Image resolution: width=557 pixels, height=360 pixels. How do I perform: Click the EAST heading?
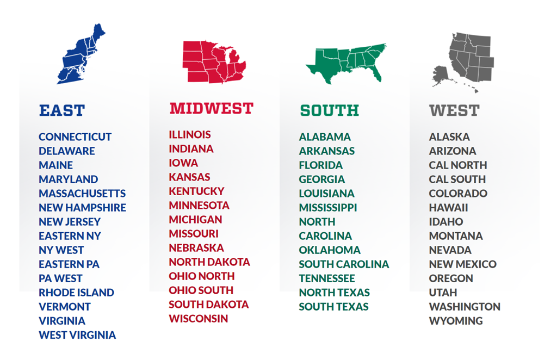click(62, 110)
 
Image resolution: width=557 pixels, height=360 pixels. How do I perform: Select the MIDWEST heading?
click(211, 108)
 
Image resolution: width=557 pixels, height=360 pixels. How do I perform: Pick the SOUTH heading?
click(329, 110)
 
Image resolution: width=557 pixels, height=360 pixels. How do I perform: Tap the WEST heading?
click(454, 110)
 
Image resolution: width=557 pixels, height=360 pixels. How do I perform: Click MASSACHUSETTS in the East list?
click(82, 193)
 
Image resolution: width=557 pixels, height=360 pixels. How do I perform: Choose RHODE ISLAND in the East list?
click(76, 292)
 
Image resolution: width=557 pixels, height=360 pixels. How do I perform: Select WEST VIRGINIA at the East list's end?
click(77, 334)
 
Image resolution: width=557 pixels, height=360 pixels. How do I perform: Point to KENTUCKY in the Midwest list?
click(196, 191)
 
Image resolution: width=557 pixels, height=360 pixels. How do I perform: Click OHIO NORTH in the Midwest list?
click(201, 276)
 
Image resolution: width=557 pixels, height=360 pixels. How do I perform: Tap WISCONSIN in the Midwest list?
click(198, 318)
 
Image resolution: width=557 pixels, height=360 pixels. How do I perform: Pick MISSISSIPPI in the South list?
click(327, 207)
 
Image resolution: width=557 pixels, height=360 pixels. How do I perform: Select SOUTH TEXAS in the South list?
click(333, 306)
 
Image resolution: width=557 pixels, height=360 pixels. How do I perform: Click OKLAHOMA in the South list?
click(330, 250)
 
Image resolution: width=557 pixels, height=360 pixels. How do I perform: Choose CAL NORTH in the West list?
click(457, 165)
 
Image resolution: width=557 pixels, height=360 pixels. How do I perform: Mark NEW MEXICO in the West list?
click(462, 264)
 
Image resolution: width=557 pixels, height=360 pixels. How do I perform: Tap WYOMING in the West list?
click(455, 320)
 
